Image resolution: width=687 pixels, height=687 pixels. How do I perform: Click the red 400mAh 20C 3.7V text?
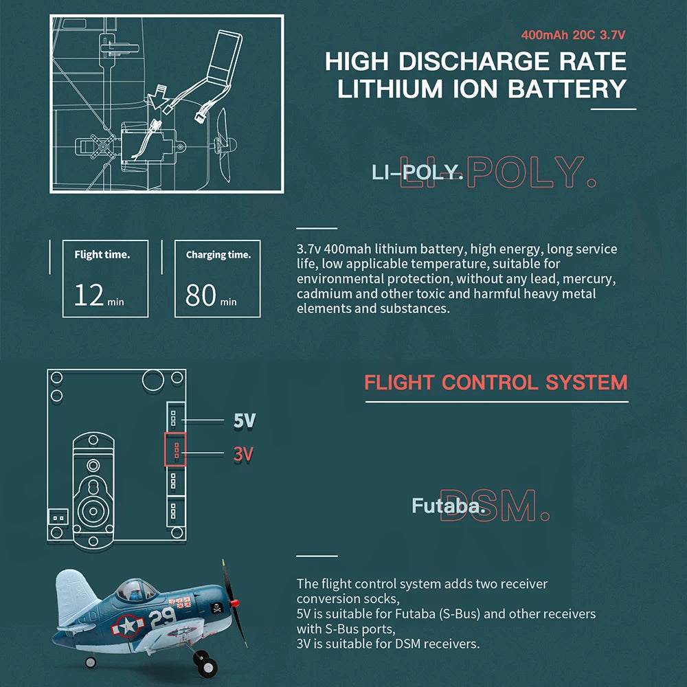point(573,34)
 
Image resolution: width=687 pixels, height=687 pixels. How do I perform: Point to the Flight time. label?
point(102,255)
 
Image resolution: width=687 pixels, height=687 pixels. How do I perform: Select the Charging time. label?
point(218,255)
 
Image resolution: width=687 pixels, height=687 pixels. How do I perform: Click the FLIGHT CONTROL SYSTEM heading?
point(495,383)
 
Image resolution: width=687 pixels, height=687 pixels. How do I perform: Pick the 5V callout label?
point(244,420)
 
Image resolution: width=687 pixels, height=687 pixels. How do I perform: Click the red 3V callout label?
point(243,454)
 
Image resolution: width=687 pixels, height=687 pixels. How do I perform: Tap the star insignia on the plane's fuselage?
point(128,626)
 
